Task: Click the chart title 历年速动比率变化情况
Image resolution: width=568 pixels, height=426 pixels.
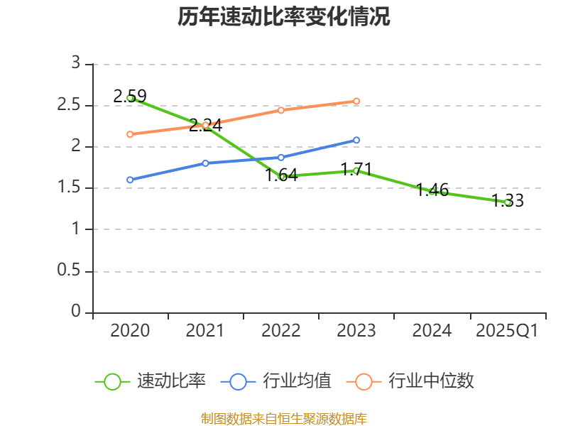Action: (x=284, y=17)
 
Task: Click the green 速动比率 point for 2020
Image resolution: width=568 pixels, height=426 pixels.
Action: (x=130, y=98)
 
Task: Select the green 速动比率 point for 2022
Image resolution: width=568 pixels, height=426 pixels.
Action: (x=281, y=176)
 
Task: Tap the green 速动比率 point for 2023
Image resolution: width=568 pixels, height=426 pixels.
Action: (x=356, y=170)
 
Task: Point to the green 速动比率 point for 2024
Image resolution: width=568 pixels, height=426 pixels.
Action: (x=432, y=191)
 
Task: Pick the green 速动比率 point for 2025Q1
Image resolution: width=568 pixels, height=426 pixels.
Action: (x=508, y=202)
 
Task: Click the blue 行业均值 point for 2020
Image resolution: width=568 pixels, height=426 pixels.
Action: (x=130, y=180)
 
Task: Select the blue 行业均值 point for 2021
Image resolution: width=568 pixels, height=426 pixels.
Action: (x=205, y=163)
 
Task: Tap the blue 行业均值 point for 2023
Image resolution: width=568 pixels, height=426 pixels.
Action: (x=356, y=140)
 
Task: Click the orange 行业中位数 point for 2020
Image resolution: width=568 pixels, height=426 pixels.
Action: (x=130, y=134)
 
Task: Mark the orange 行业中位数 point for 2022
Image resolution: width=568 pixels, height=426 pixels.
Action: (x=281, y=110)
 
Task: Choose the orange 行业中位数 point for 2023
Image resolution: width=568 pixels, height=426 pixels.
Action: (x=356, y=101)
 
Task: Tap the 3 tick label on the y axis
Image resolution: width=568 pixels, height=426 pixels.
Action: (x=76, y=64)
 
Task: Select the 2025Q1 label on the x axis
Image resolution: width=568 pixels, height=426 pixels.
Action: (x=507, y=331)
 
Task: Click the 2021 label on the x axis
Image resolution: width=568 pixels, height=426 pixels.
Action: (x=205, y=331)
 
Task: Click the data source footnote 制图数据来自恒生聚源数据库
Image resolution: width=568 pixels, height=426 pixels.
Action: (x=284, y=418)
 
